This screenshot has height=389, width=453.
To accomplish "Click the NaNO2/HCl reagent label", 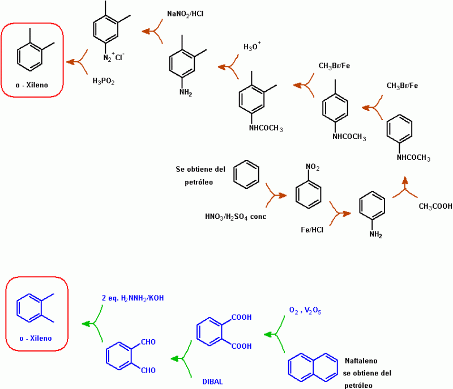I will click(x=185, y=12).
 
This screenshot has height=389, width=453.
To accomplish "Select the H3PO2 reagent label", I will click(x=104, y=81).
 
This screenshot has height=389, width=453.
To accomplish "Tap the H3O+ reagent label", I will click(x=253, y=46).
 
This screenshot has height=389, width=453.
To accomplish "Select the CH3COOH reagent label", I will click(x=435, y=206).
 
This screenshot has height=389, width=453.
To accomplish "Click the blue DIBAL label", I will click(x=213, y=381).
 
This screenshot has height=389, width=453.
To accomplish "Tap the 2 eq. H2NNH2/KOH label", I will click(x=134, y=298).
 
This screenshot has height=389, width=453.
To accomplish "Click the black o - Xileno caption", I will click(x=32, y=86).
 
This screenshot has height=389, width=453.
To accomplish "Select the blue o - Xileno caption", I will click(x=36, y=339).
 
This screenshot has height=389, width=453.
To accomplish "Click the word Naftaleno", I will click(x=361, y=361).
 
